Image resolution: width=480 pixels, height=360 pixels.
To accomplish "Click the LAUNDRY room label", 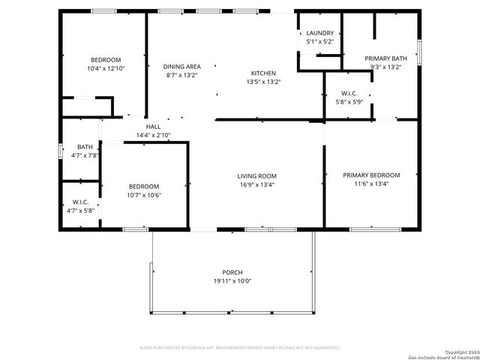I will click(x=320, y=33).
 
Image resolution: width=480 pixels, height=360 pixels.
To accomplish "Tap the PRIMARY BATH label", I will click(x=385, y=58).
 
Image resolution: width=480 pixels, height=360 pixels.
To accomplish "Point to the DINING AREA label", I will click(x=181, y=66).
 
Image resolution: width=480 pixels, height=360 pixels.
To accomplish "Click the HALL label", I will click(x=153, y=127).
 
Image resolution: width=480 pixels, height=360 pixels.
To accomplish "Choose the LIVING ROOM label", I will click(x=256, y=175).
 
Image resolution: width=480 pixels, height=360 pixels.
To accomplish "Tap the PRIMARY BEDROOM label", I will click(x=371, y=175).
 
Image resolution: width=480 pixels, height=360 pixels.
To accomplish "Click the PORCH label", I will click(x=232, y=272).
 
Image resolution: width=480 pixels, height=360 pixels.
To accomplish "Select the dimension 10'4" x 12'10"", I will click(x=106, y=69).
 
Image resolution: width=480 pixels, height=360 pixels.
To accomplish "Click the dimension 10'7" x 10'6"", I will click(x=143, y=195).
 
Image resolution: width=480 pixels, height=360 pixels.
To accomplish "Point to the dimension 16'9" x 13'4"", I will click(x=256, y=184).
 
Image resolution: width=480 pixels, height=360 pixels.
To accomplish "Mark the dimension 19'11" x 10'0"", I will click(x=232, y=281).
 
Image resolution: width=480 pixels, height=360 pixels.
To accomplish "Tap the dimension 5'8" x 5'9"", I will click(x=348, y=102).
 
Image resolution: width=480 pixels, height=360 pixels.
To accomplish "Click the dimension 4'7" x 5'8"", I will click(x=81, y=211).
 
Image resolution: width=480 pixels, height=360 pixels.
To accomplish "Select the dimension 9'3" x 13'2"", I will click(x=385, y=67).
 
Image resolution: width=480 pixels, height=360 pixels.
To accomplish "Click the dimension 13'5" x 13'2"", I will click(x=262, y=82).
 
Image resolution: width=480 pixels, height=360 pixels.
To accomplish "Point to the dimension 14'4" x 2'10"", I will click(x=153, y=135).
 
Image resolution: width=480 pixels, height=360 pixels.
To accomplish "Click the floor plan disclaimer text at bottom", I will click(x=240, y=348).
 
